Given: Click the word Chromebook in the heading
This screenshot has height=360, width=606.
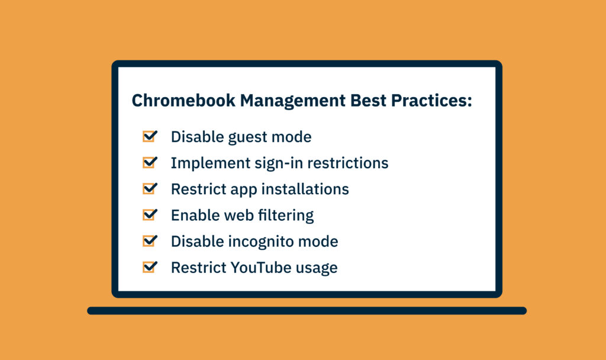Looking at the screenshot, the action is coord(183,101).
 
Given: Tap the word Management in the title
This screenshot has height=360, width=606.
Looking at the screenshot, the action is coord(293,101).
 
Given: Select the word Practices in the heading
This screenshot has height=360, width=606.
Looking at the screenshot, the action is coord(431,101).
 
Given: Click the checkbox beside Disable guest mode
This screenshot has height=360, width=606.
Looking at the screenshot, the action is coord(150,136).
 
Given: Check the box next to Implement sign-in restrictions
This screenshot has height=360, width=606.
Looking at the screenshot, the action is coord(150,162).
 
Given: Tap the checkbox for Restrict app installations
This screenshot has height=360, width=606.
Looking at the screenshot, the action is coord(150,188).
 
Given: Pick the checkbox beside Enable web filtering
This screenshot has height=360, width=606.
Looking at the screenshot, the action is coord(150,214).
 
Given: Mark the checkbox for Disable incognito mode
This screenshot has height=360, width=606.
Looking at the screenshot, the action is coord(150,240).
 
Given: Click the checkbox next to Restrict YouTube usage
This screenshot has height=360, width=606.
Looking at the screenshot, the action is coord(150,267).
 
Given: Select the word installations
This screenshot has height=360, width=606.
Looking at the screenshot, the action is coord(305,189).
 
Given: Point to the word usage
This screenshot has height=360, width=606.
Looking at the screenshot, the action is coord(317,269).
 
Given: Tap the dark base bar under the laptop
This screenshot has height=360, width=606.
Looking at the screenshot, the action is coord(307,310).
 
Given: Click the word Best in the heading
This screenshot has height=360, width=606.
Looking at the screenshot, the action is coord(368,101).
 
